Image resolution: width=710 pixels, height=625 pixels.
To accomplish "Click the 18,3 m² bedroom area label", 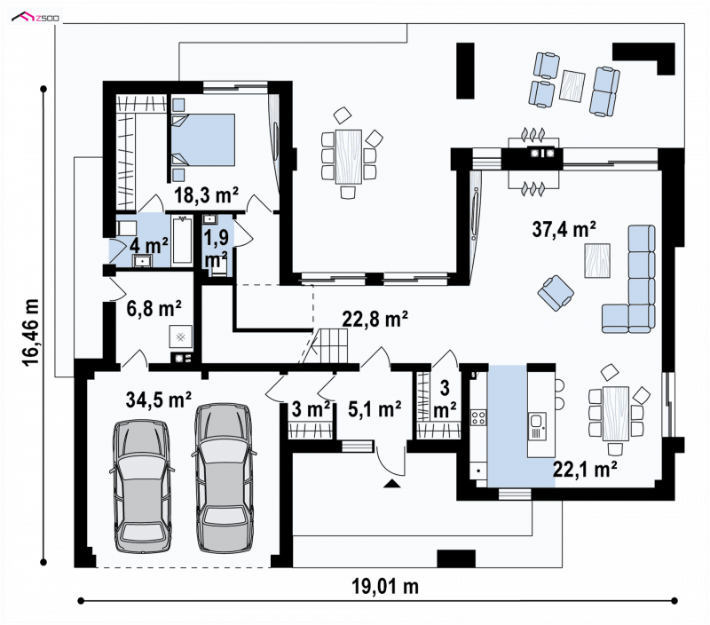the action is [x=207, y=195].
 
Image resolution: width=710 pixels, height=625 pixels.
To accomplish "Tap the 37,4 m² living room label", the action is [x=564, y=229].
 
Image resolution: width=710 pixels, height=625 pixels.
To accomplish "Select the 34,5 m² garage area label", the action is [x=159, y=400].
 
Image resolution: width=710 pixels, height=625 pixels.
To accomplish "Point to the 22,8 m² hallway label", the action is [x=375, y=319].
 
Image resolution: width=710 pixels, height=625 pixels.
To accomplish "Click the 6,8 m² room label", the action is [x=154, y=309].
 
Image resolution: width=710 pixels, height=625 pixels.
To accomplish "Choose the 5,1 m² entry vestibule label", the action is [x=375, y=409].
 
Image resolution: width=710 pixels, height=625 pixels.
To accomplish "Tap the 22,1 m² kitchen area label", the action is [x=585, y=469].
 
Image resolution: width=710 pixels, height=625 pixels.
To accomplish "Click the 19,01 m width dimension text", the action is [x=385, y=587].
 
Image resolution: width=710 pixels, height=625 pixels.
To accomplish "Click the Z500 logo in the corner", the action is [x=35, y=18].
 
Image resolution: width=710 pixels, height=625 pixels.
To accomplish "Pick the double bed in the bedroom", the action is [x=203, y=139].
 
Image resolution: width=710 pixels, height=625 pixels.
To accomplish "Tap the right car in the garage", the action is [x=225, y=478].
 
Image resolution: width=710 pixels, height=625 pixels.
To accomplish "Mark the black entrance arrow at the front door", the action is [x=392, y=484].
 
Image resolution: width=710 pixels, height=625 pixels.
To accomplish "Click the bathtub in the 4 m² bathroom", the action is [x=182, y=240].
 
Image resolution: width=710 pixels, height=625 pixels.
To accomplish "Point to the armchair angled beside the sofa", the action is [x=556, y=293].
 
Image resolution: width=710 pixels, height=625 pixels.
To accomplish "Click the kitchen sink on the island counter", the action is [x=537, y=427].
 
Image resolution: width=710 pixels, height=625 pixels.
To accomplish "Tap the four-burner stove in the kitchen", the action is [x=478, y=417].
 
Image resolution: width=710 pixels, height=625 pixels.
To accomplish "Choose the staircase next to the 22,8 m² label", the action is [x=328, y=345].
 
